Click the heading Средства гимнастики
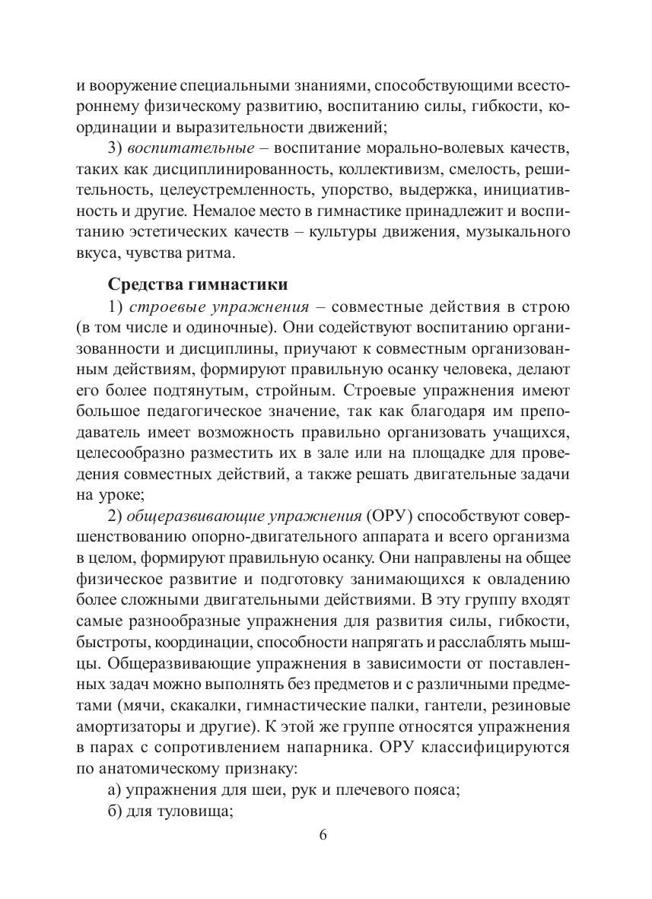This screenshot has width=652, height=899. pos(198,284)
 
